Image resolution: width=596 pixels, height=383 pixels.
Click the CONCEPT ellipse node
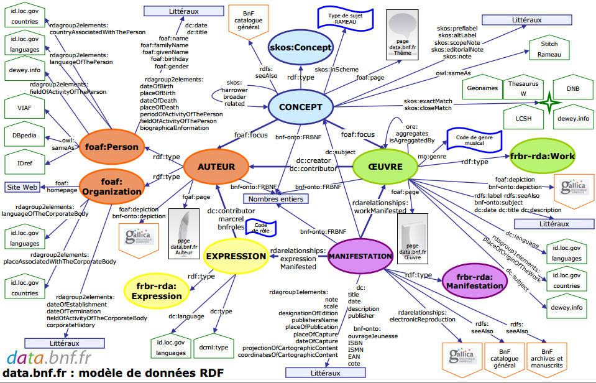click(300, 108)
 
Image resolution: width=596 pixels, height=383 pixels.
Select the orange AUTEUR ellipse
click(216, 167)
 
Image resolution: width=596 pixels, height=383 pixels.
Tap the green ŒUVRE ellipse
click(385, 167)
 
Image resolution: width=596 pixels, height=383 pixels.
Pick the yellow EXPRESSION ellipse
click(236, 256)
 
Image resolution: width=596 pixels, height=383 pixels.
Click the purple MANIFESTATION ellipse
click(360, 256)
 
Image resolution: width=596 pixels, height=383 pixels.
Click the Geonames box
click(482, 88)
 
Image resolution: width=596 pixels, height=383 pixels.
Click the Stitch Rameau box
click(549, 49)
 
